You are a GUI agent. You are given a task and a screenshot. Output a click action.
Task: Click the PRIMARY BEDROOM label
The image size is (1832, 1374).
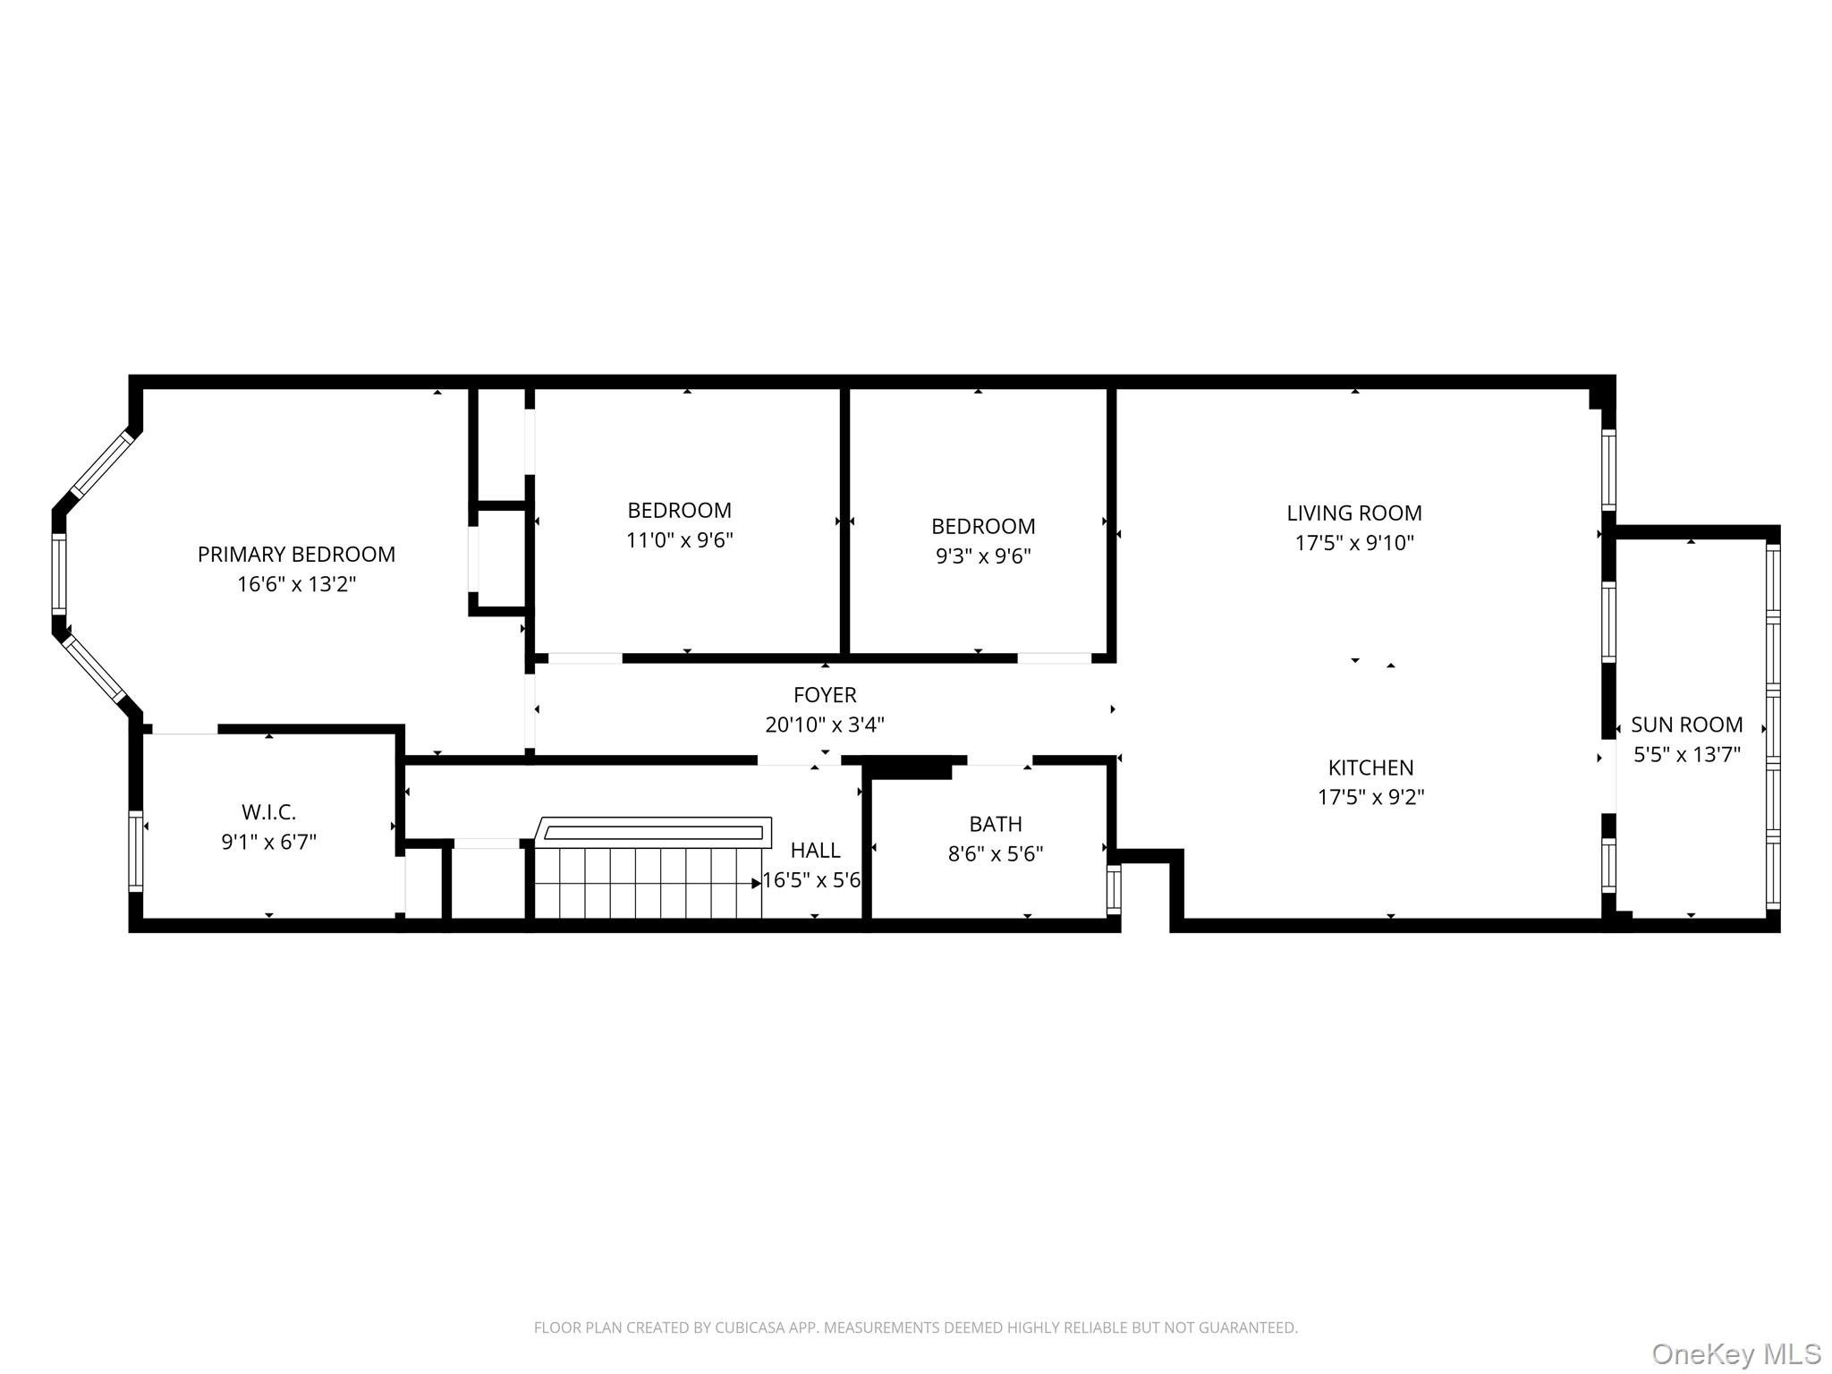tap(296, 555)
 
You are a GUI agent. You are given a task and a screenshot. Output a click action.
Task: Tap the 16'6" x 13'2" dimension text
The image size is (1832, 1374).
tap(296, 584)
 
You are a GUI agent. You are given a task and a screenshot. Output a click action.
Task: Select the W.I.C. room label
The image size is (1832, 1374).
tap(268, 812)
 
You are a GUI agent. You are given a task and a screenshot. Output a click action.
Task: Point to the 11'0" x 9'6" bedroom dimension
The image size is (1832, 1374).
tap(679, 540)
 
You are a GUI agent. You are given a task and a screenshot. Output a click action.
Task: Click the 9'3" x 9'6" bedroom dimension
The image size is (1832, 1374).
tap(983, 556)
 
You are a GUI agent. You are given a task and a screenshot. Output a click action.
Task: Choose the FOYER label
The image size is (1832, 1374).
tap(824, 695)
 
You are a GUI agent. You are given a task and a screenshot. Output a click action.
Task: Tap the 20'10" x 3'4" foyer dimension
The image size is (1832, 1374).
tap(824, 725)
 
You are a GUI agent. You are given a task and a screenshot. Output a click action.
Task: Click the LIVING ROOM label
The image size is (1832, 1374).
tap(1353, 513)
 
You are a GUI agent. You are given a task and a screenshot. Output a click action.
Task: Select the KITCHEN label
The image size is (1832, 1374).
tap(1370, 768)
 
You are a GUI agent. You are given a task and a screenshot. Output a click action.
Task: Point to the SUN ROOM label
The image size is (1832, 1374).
tap(1686, 725)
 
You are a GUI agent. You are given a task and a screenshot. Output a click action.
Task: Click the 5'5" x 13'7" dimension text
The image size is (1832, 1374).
tap(1686, 754)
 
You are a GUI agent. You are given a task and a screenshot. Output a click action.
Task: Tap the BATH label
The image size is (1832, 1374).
tap(995, 824)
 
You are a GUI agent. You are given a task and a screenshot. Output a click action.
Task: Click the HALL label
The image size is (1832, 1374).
tap(815, 850)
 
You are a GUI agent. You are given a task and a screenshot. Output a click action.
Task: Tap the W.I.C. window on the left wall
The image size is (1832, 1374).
tap(136, 851)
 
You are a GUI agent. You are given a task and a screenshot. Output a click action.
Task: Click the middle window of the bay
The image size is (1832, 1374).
tap(59, 573)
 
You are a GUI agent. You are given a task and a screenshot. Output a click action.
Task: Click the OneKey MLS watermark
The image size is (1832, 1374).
tap(1735, 1354)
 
